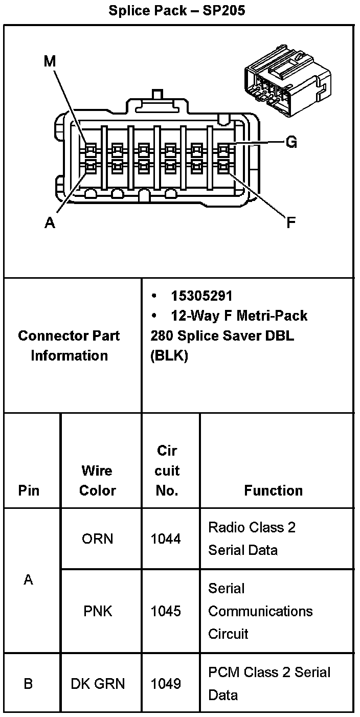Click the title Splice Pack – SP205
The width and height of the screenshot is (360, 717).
(x=176, y=11)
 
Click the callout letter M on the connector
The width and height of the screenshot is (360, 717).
(x=50, y=61)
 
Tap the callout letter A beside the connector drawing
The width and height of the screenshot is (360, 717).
(x=50, y=223)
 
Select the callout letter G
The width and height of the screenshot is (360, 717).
(x=291, y=142)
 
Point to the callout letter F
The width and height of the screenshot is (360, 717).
(x=290, y=223)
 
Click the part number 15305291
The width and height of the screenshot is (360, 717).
(x=201, y=296)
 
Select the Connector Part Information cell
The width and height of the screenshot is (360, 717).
(x=69, y=345)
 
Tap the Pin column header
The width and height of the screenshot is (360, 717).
(x=29, y=490)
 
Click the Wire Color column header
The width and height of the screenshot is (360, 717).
(x=97, y=480)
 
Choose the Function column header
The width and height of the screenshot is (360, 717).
(x=273, y=490)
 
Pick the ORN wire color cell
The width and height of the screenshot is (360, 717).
(x=97, y=539)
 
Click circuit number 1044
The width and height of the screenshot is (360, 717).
(x=166, y=539)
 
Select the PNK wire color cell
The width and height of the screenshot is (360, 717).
(x=97, y=611)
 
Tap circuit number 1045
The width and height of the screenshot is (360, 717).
(x=166, y=611)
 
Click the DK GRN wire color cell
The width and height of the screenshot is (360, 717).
(x=97, y=683)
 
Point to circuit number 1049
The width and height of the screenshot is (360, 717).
(x=166, y=683)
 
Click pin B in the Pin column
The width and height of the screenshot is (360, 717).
(x=29, y=683)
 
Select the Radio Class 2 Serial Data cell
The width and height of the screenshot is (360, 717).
(x=252, y=539)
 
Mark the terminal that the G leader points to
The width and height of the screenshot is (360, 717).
(x=224, y=150)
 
